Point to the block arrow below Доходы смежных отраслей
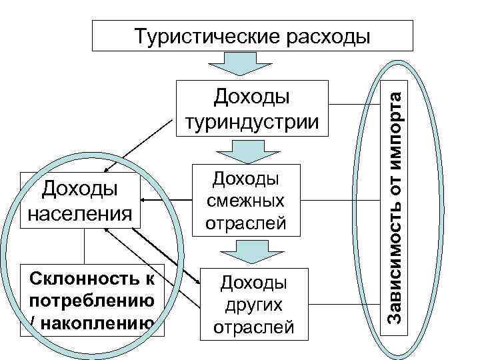click(x=252, y=251)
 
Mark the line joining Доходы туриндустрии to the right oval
click(x=353, y=105)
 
